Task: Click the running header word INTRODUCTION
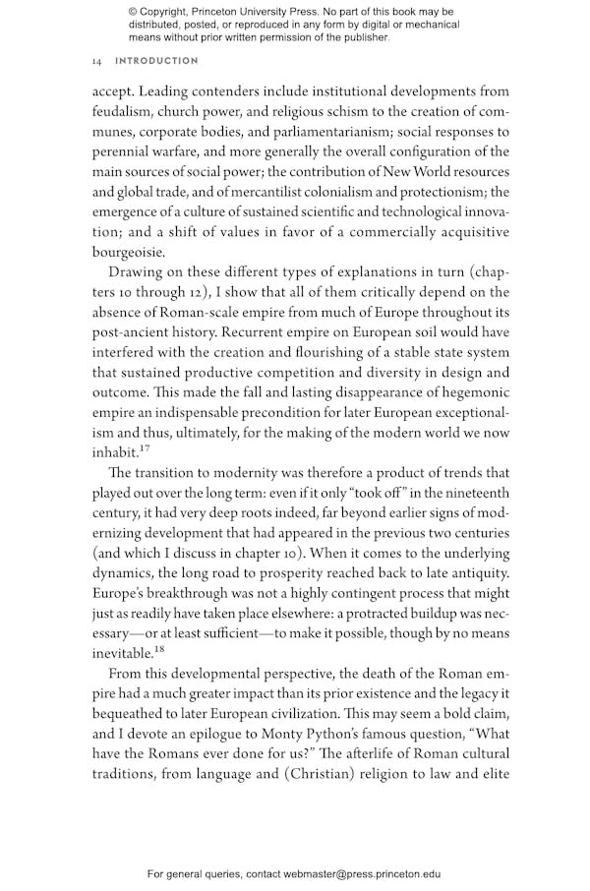tap(157, 61)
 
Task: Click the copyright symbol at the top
tap(135, 12)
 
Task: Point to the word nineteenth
tap(468, 492)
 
